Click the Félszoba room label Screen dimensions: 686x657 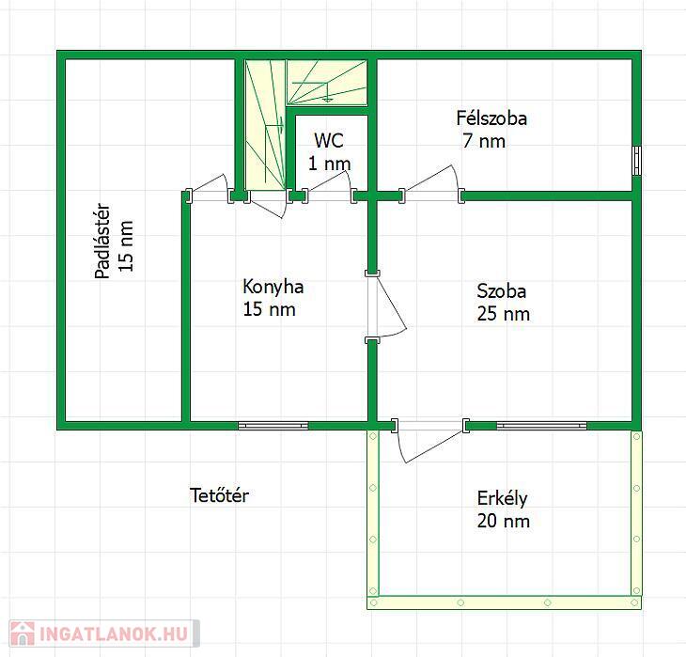(491, 118)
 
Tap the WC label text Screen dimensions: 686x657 (329, 140)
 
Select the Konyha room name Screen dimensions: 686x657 (273, 287)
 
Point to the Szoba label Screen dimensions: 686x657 (502, 291)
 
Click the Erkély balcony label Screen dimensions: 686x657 (502, 499)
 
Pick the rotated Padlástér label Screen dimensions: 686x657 (102, 242)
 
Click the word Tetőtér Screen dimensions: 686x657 (219, 495)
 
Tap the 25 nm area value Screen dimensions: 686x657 (503, 314)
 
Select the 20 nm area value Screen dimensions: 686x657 (503, 522)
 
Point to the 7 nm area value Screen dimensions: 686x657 (484, 141)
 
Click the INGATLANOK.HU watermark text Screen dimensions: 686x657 (114, 634)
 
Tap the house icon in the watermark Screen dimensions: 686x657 (23, 634)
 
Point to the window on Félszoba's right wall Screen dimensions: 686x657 (636, 161)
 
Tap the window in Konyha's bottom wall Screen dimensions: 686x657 (273, 426)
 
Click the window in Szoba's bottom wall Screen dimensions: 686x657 (541, 426)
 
